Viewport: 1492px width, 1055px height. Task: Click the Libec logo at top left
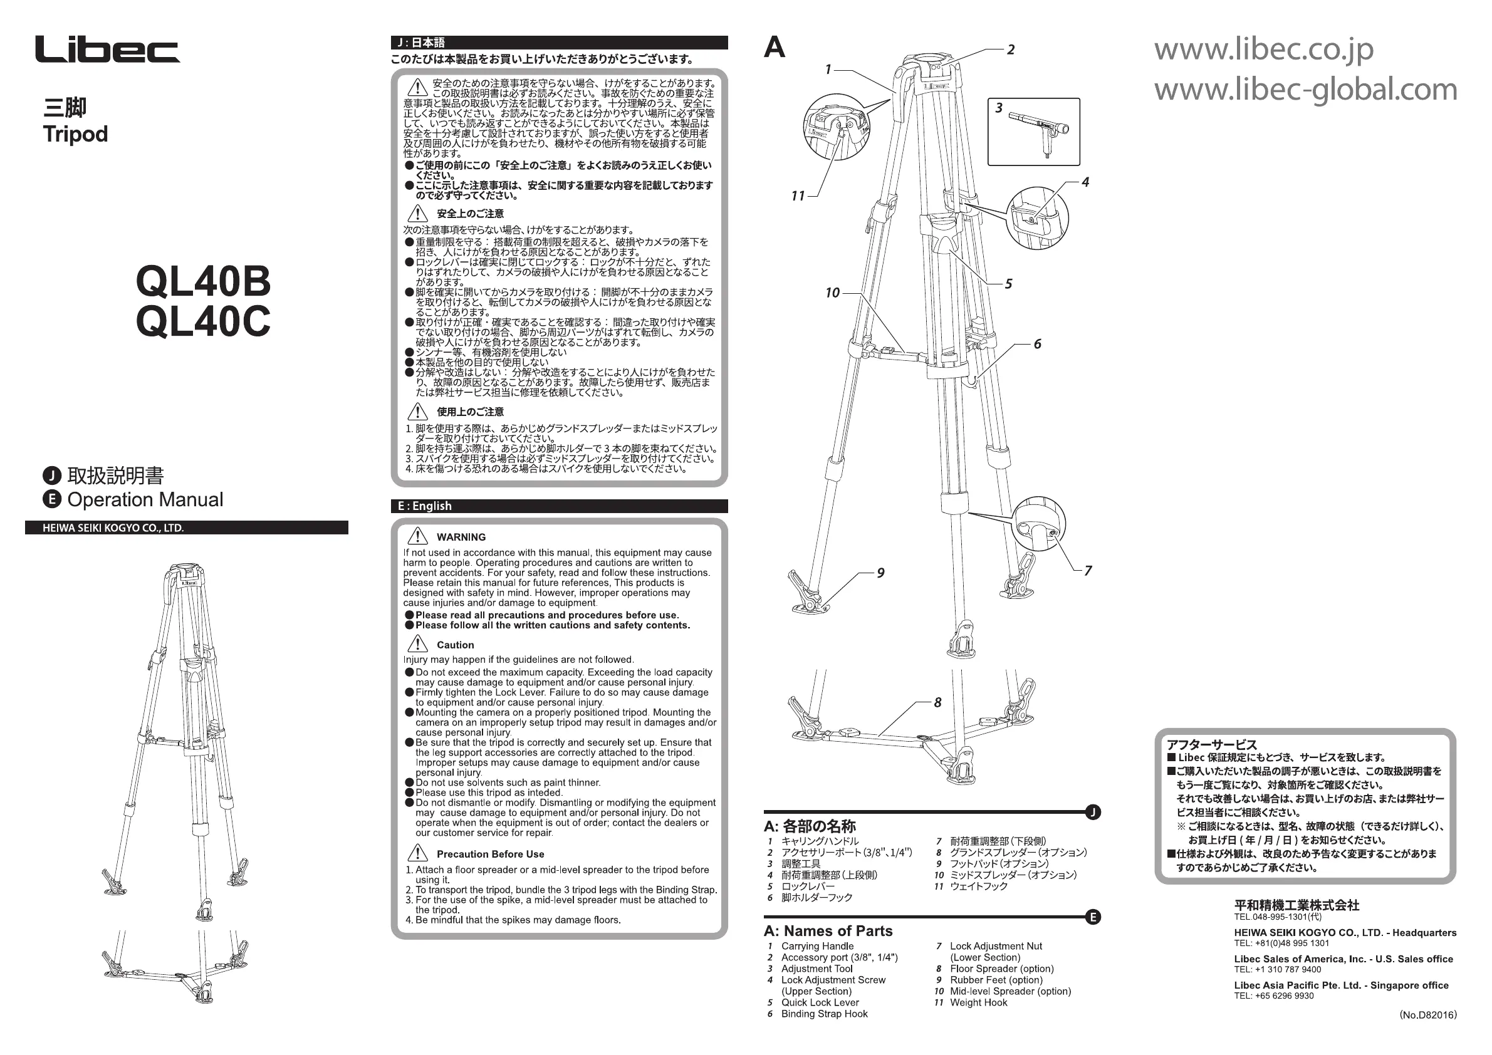point(107,50)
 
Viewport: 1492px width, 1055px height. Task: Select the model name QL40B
point(203,281)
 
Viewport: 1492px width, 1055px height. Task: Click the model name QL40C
point(203,321)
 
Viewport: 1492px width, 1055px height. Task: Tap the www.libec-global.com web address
point(1305,89)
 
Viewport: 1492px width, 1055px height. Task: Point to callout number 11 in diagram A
point(798,195)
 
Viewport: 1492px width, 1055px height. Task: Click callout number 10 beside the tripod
point(832,293)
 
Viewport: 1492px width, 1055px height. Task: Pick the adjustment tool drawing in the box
point(1038,132)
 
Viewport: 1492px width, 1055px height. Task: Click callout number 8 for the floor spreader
point(937,702)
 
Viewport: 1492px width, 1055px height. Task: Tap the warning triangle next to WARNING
point(417,537)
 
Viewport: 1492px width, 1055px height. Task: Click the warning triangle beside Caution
point(417,645)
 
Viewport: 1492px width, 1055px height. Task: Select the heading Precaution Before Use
point(490,855)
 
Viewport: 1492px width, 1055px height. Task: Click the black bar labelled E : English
point(559,506)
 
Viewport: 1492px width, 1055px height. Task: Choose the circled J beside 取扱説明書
point(52,476)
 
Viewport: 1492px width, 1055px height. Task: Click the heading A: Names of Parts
point(828,931)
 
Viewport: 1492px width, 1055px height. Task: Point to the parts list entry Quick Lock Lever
point(820,1002)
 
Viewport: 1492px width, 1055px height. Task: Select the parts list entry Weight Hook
point(978,1002)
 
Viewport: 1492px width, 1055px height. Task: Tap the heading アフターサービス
point(1211,745)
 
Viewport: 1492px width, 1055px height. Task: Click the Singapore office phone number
point(1274,996)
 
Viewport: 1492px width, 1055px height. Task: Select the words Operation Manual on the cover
point(145,499)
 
